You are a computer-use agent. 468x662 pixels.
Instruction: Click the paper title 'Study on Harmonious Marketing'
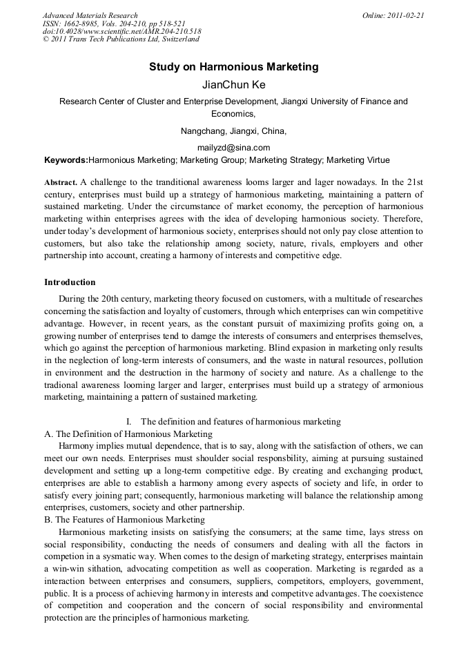pyautogui.click(x=233, y=67)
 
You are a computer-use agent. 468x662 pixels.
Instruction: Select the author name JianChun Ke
pyautogui.click(x=233, y=85)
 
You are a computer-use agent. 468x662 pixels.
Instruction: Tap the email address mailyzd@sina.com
pyautogui.click(x=233, y=147)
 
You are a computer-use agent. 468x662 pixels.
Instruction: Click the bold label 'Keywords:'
pyautogui.click(x=66, y=160)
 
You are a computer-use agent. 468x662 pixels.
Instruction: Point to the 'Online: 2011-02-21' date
pyautogui.click(x=393, y=15)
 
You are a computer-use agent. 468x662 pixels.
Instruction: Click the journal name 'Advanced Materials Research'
pyautogui.click(x=90, y=15)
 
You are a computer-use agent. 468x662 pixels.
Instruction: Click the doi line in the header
pyautogui.click(x=121, y=32)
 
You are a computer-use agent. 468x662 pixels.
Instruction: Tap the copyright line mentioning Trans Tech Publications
pyautogui.click(x=121, y=39)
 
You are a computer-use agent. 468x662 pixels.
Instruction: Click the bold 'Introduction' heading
pyautogui.click(x=70, y=282)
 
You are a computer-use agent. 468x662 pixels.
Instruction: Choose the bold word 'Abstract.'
pyautogui.click(x=61, y=183)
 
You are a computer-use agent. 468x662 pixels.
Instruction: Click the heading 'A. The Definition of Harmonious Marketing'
pyautogui.click(x=128, y=434)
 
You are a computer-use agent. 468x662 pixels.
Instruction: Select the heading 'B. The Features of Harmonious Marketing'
pyautogui.click(x=124, y=520)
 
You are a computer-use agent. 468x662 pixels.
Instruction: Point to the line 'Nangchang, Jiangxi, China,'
pyautogui.click(x=233, y=131)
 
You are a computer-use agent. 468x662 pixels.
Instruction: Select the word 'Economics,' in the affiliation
pyautogui.click(x=233, y=114)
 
